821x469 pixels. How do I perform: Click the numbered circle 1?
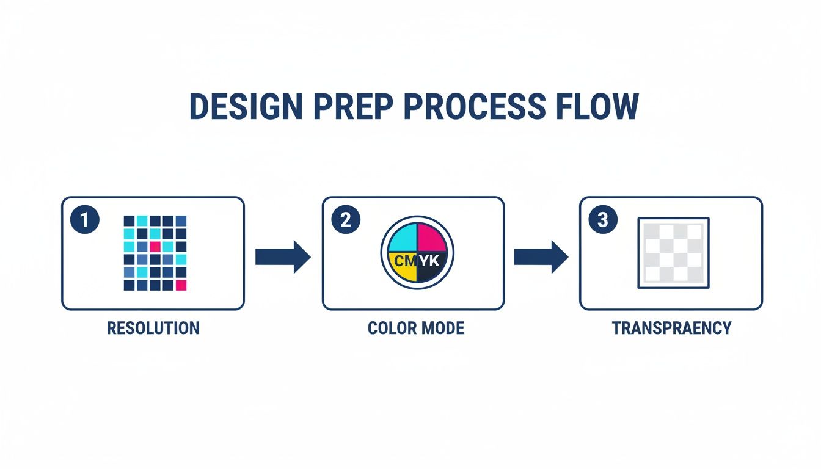pos(85,220)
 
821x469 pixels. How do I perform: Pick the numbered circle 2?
pos(345,220)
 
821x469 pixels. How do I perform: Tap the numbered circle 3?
pos(602,220)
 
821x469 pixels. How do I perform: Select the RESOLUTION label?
pos(153,328)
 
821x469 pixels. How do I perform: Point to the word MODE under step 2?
pos(442,328)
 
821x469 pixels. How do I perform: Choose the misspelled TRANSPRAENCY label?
pos(671,328)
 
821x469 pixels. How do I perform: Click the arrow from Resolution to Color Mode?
pos(283,256)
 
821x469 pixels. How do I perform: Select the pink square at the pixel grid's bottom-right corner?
pos(181,285)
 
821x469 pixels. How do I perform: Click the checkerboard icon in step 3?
pos(673,252)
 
